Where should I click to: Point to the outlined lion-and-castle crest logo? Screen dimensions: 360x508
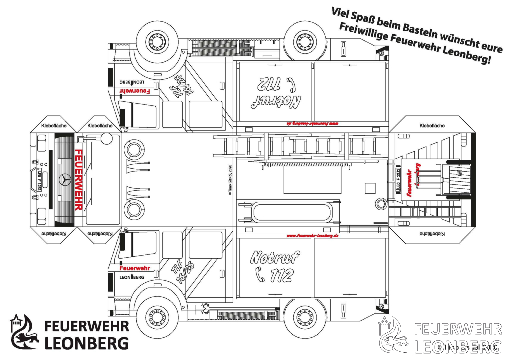(x=393, y=334)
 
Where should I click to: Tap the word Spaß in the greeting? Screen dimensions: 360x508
(x=358, y=17)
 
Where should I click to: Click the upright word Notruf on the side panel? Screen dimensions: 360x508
(x=275, y=257)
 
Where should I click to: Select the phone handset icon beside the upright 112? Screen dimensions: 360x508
(x=260, y=274)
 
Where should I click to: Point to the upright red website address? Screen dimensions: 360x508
(x=312, y=235)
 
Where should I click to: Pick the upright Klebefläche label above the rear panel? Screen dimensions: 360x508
(x=432, y=126)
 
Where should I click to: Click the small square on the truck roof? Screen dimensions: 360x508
(x=370, y=188)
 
